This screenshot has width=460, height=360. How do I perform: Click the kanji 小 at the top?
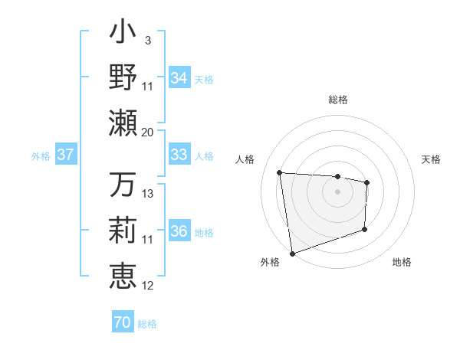(x=123, y=34)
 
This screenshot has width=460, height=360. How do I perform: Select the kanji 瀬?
(x=123, y=122)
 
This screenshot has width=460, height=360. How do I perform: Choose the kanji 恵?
(x=123, y=275)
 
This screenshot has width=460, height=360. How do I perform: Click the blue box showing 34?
(x=179, y=78)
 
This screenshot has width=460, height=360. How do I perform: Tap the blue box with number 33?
(x=179, y=155)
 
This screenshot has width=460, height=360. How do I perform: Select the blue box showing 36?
(x=179, y=232)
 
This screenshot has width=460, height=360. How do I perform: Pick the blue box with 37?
(x=66, y=155)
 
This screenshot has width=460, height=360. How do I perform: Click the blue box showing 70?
(x=123, y=322)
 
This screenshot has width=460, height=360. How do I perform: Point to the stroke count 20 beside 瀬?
(x=147, y=132)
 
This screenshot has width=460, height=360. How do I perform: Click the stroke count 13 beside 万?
(x=148, y=194)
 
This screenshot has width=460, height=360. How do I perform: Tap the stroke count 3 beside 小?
(x=147, y=39)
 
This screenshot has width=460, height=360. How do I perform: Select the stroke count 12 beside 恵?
(x=148, y=286)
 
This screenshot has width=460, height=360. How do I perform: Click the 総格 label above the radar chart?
(x=337, y=100)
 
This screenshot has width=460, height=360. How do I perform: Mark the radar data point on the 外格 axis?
(x=292, y=252)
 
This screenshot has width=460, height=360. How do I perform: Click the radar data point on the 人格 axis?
(x=280, y=172)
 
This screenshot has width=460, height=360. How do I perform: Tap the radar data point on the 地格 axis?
(x=364, y=229)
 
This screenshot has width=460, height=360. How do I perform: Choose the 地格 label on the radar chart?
(x=402, y=262)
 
